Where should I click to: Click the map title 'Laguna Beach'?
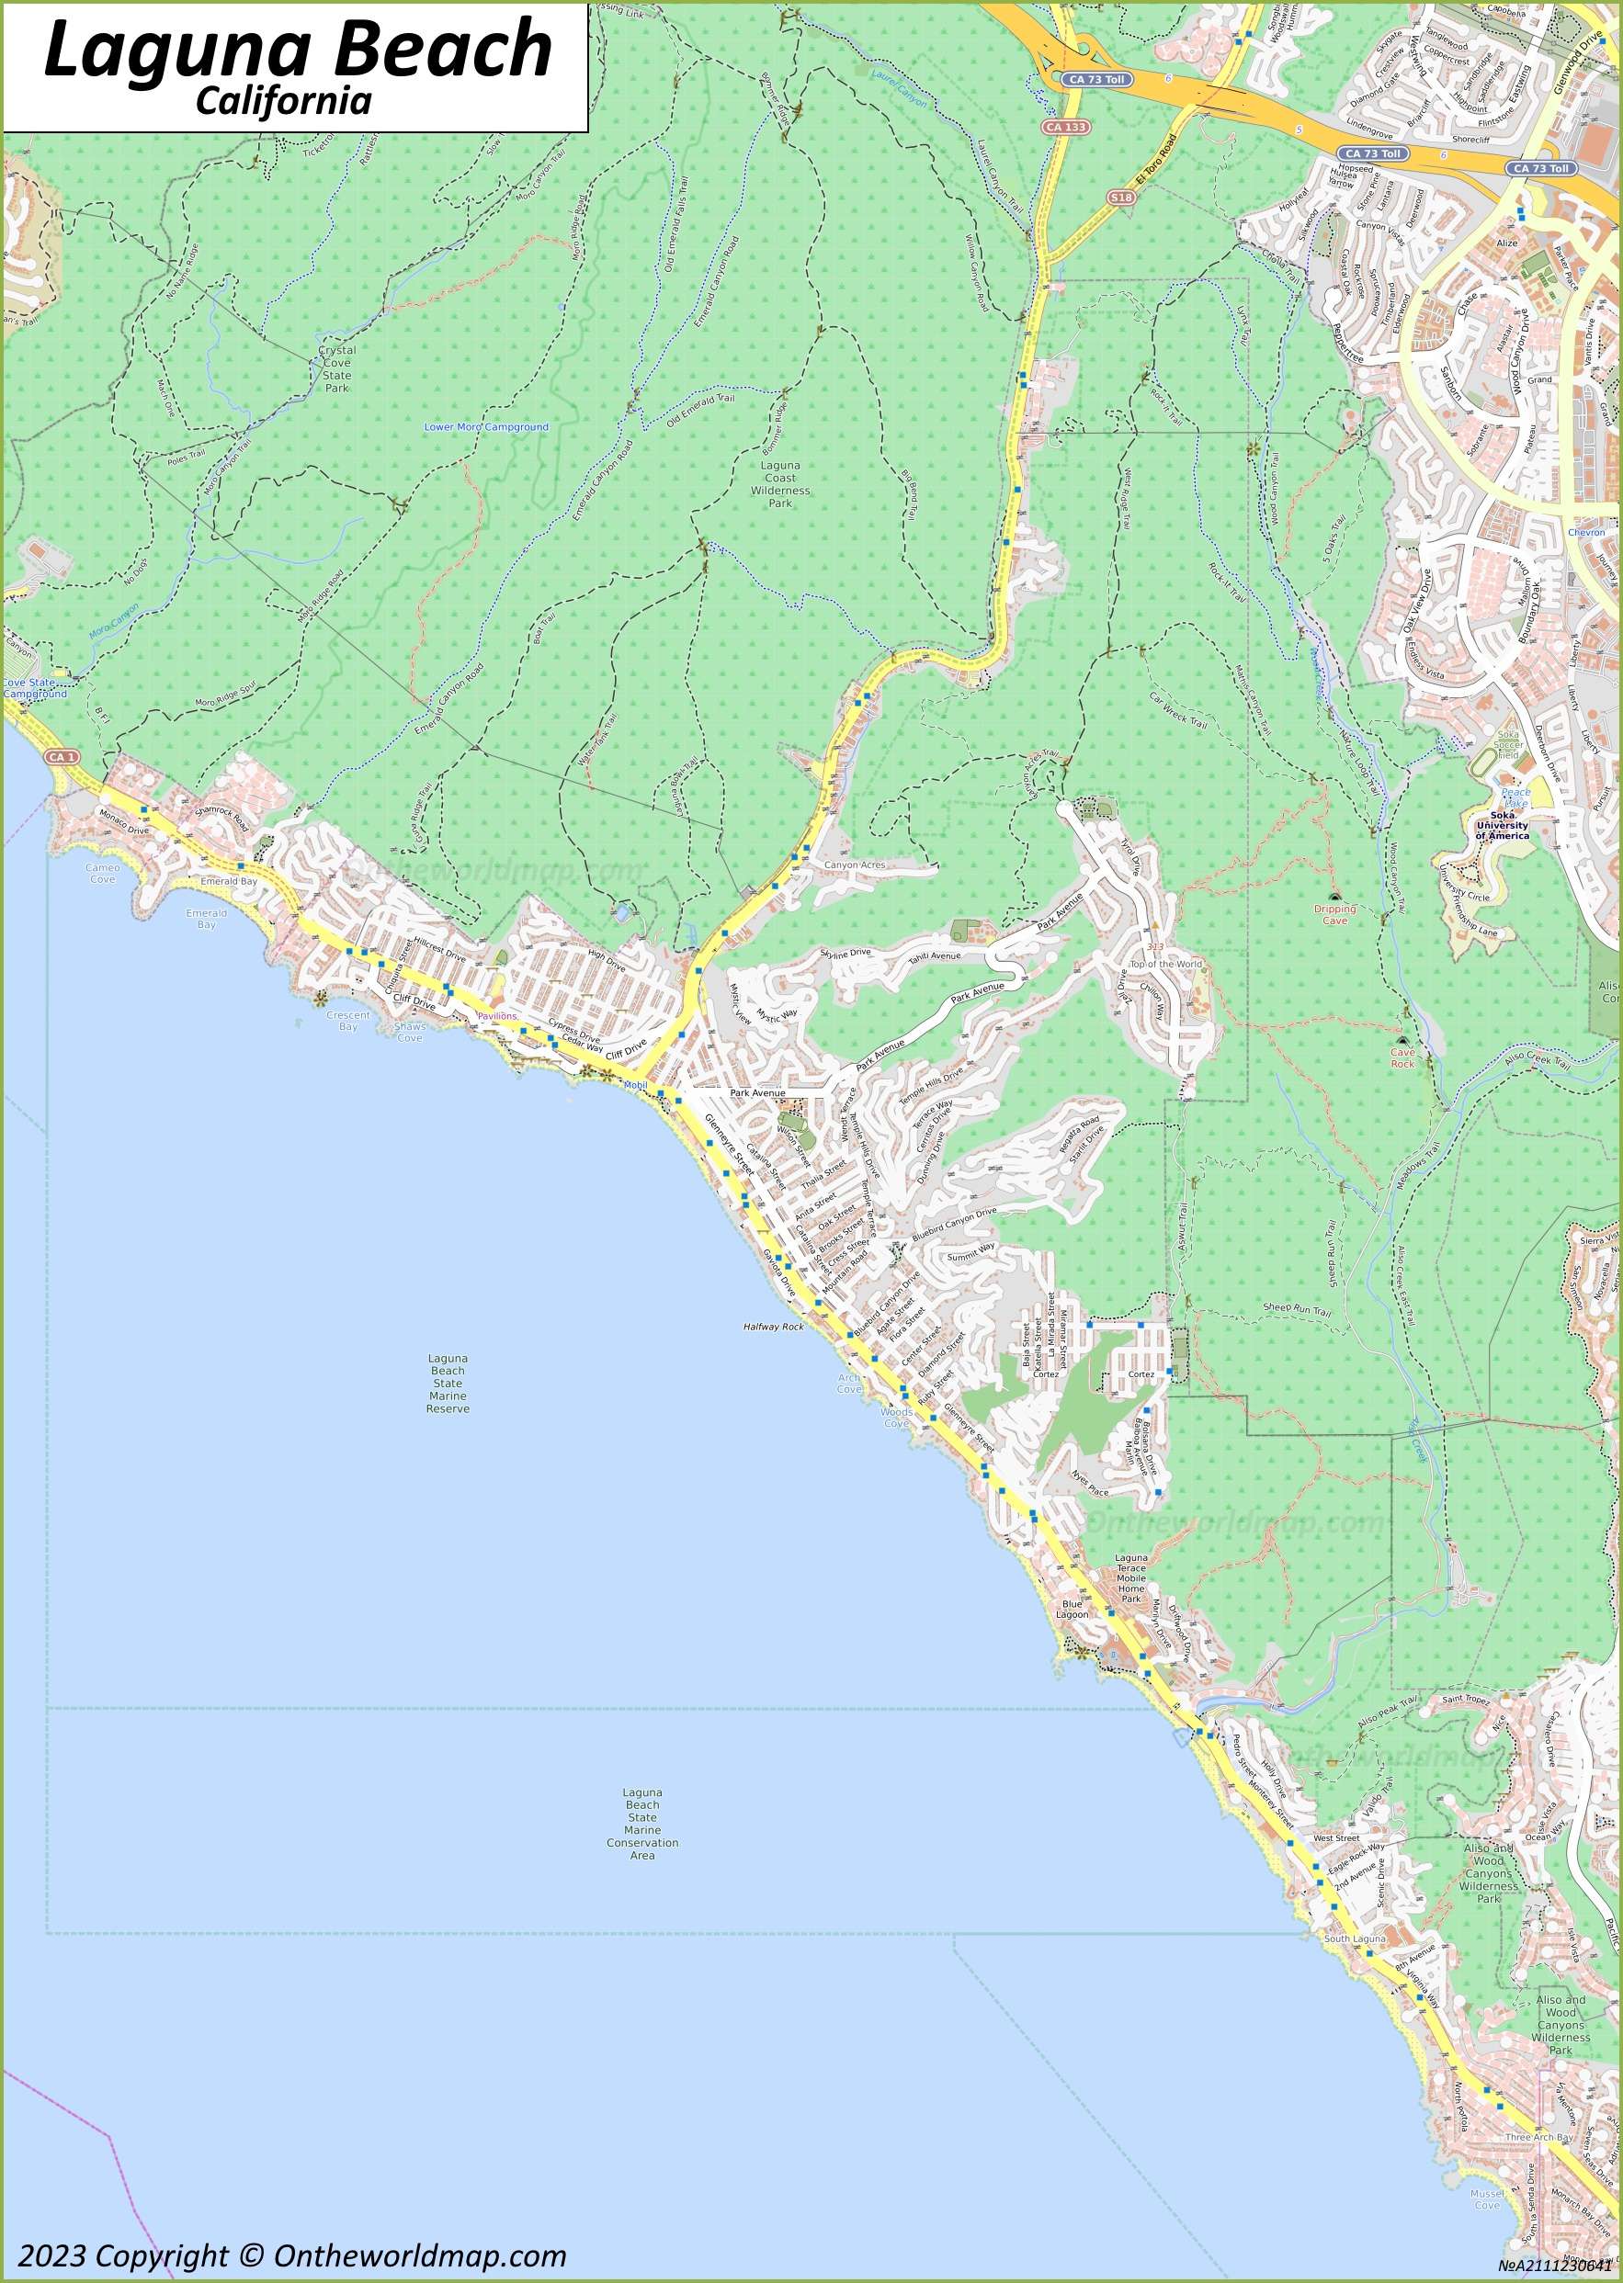coord(298,50)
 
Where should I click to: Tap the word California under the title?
coord(283,102)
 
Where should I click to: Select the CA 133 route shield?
coord(1065,127)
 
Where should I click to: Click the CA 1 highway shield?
coord(62,757)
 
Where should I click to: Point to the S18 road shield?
coord(1121,198)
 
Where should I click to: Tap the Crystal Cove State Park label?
coord(336,368)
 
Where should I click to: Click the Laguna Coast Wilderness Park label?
coord(779,483)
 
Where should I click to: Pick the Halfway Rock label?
coord(773,1327)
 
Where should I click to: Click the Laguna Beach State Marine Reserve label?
coord(447,1383)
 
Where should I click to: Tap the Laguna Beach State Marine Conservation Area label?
coord(641,1824)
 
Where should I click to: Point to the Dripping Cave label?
coord(1334,914)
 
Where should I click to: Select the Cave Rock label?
coord(1402,1057)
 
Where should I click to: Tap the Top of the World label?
coord(1165,964)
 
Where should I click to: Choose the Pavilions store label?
coord(496,1016)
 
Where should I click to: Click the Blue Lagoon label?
coord(1073,1609)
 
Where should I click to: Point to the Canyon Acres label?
coord(855,865)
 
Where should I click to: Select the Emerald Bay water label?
coord(206,918)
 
